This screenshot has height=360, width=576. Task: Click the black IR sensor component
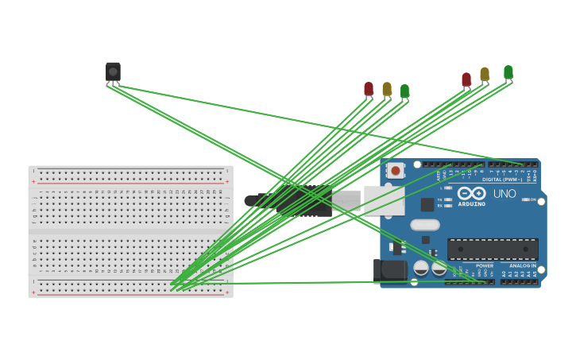(113, 72)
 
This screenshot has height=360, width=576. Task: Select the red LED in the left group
(369, 89)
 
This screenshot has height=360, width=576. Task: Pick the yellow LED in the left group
(387, 89)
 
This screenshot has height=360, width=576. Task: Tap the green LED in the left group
(405, 91)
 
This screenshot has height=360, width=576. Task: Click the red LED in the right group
(466, 79)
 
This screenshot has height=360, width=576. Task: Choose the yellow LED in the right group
(485, 74)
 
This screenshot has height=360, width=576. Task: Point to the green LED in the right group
(508, 72)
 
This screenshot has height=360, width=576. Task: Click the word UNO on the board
(504, 193)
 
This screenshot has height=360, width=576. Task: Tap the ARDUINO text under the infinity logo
(472, 204)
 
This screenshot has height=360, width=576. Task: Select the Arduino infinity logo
(471, 193)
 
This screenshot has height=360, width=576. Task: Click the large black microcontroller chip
(493, 250)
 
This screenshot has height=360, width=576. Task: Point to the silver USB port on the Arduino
(383, 200)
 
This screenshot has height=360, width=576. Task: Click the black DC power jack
(389, 269)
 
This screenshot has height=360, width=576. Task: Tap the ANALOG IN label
(522, 265)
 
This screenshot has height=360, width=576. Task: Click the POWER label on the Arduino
(485, 265)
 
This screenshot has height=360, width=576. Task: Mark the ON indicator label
(532, 199)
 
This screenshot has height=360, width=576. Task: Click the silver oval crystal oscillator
(425, 225)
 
